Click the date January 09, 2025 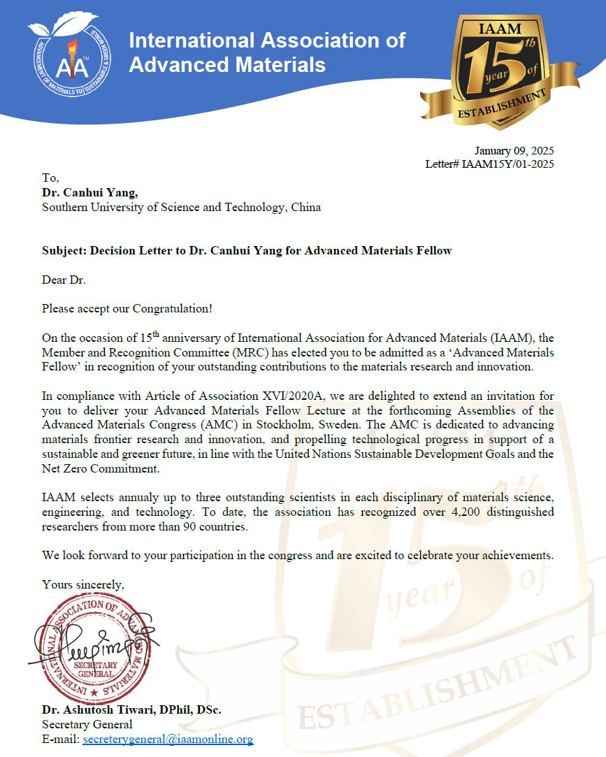pyautogui.click(x=514, y=151)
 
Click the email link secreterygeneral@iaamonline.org pyautogui.click(x=168, y=738)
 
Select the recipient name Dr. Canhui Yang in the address pyautogui.click(x=91, y=193)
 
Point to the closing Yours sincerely pyautogui.click(x=84, y=584)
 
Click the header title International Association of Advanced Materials pyautogui.click(x=266, y=52)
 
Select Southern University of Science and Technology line pyautogui.click(x=181, y=208)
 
